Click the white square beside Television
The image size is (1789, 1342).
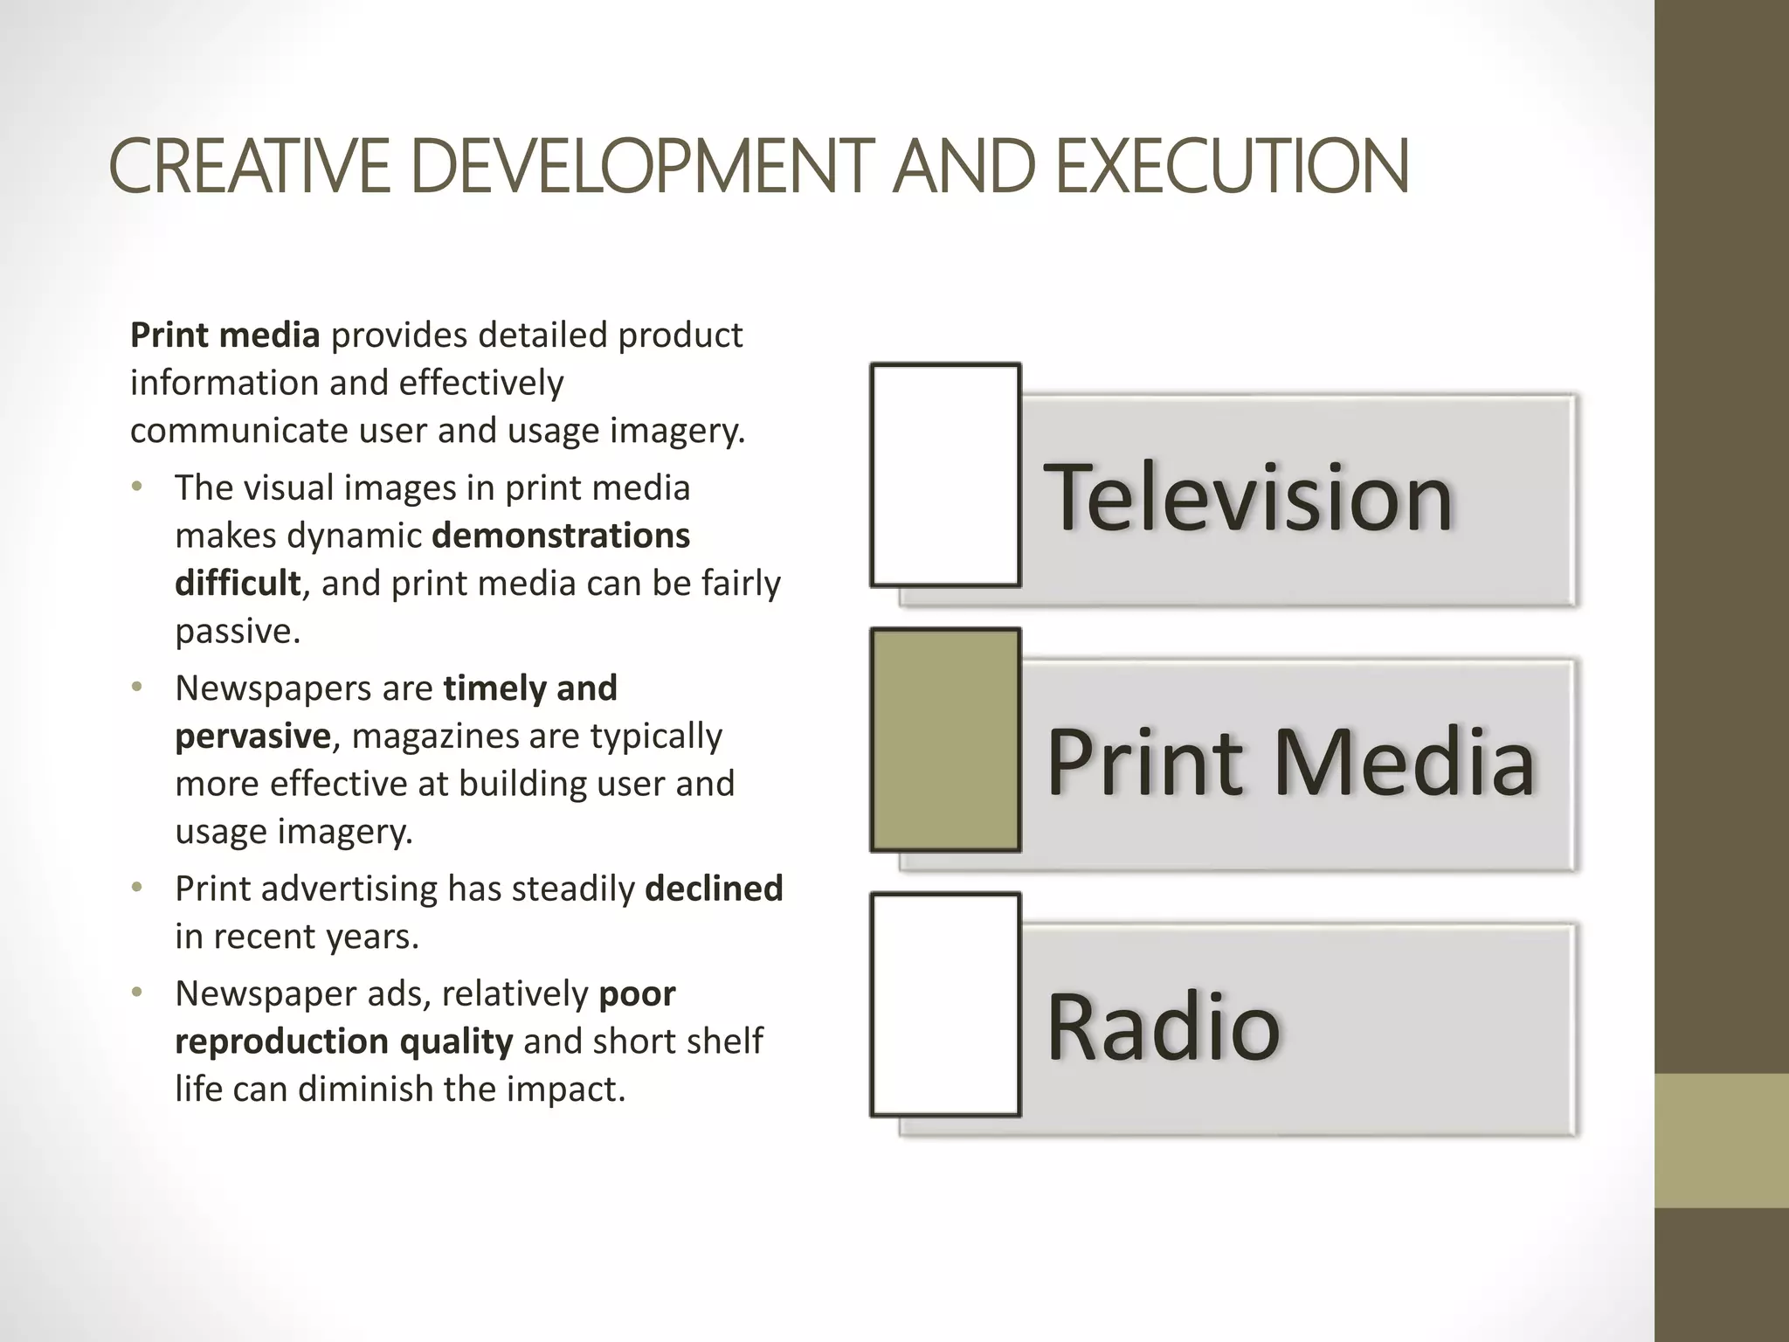point(946,475)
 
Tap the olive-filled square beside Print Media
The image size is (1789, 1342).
point(946,740)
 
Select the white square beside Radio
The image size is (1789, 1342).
point(946,1005)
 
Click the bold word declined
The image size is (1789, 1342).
point(714,889)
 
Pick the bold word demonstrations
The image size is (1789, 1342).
point(562,536)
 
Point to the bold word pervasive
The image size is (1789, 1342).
point(252,737)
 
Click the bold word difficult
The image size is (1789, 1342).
point(238,584)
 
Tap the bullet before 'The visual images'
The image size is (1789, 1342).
point(136,488)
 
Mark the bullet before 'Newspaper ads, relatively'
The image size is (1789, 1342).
point(136,993)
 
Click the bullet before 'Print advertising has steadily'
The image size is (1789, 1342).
point(136,889)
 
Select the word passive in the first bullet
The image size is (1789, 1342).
point(237,632)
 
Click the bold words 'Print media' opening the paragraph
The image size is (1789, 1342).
point(225,335)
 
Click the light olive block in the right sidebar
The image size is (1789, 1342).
point(1722,1140)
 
